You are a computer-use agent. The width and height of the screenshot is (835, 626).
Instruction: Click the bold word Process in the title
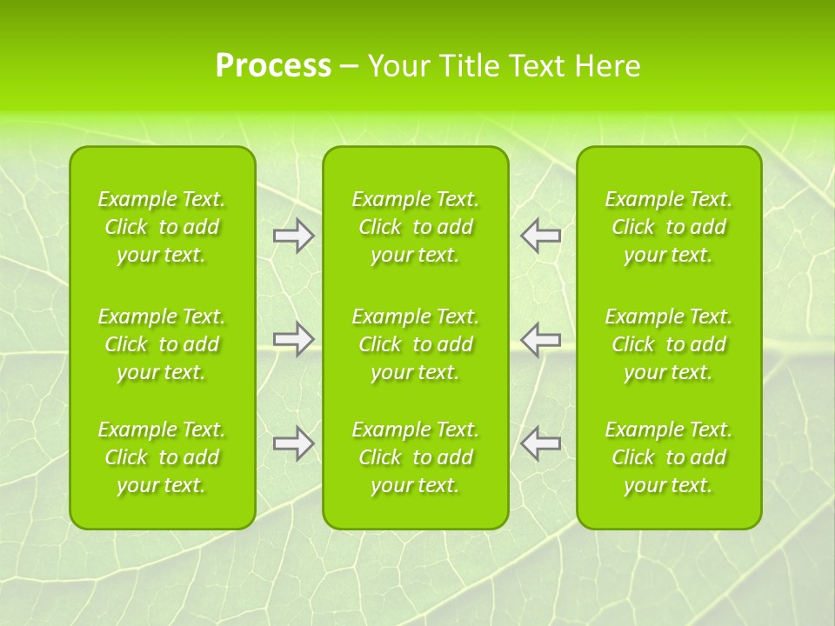(273, 66)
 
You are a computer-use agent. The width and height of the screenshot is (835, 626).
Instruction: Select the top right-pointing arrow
(294, 236)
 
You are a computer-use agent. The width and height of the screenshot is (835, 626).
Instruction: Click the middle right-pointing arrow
(294, 339)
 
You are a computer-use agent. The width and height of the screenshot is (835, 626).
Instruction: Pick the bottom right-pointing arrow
(294, 443)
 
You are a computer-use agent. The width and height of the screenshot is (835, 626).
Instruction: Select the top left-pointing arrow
(540, 236)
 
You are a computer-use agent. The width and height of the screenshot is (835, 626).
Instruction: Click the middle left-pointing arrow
(540, 339)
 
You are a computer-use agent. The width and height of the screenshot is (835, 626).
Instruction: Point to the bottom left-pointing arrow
(540, 443)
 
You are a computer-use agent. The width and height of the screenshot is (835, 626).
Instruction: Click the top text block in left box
(162, 227)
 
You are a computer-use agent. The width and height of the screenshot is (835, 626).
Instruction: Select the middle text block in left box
(162, 344)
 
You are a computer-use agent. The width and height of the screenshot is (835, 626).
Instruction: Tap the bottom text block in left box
(162, 457)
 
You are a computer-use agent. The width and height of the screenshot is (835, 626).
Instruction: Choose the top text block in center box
(416, 227)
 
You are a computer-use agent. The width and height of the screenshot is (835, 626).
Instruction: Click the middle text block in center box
(416, 344)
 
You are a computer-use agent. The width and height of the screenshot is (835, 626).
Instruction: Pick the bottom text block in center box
(416, 457)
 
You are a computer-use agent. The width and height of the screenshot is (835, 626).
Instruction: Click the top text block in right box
(669, 227)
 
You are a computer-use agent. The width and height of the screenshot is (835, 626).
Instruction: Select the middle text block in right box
(669, 344)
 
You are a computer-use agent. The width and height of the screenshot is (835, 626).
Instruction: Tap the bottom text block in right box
(669, 457)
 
